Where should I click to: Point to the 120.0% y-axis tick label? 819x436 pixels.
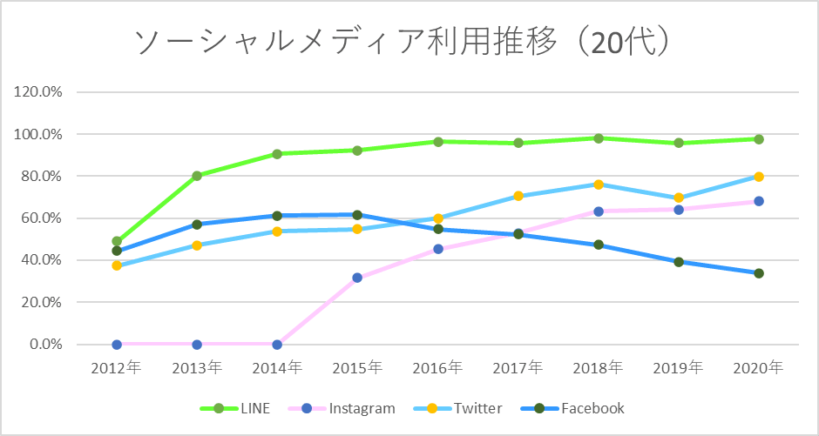click(x=38, y=92)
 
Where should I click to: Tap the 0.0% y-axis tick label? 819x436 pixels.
click(x=45, y=345)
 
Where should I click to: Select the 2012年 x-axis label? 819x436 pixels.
click(x=116, y=368)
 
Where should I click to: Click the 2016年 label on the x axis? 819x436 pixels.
click(x=437, y=368)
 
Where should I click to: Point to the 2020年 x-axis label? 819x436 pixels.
click(x=759, y=368)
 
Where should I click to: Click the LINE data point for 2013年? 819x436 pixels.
click(x=197, y=176)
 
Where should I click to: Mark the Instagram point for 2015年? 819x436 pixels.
click(x=357, y=278)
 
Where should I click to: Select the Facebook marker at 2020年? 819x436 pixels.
click(x=759, y=273)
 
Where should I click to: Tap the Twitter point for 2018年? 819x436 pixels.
click(x=599, y=184)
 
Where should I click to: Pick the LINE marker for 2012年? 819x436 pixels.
click(x=117, y=241)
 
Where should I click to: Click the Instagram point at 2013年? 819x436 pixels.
click(x=197, y=345)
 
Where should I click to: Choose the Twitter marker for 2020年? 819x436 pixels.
click(x=759, y=177)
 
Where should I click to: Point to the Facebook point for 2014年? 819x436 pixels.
click(x=277, y=216)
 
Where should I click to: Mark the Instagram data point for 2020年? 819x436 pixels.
click(x=759, y=201)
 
